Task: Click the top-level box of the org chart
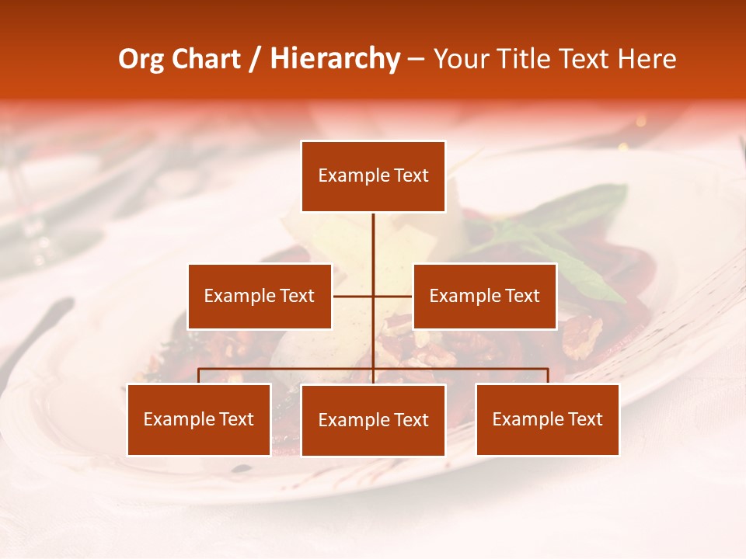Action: (x=373, y=176)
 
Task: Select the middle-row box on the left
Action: (x=260, y=296)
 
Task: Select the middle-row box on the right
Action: (x=484, y=296)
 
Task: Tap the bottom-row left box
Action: (x=199, y=419)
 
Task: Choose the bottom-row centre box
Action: (x=373, y=420)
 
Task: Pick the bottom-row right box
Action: (x=547, y=419)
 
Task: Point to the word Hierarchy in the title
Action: (x=335, y=59)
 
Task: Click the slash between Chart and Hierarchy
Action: (x=256, y=60)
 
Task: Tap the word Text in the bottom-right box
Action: (x=586, y=419)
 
